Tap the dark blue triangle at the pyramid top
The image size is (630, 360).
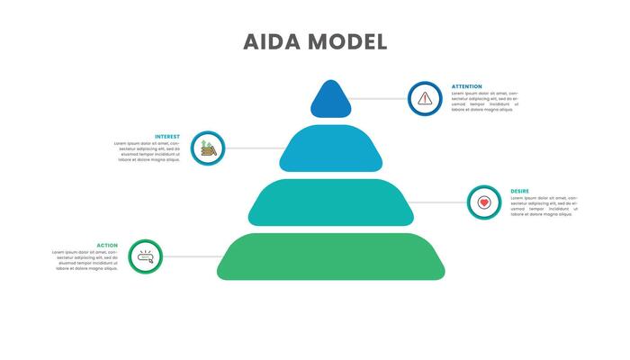(x=330, y=101)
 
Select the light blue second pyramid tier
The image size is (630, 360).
(x=330, y=148)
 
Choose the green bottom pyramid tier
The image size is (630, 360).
(x=330, y=256)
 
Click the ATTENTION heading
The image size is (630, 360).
(x=466, y=86)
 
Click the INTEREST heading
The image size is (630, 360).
(x=167, y=137)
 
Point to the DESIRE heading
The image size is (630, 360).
(x=519, y=191)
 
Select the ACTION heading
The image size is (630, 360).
(x=107, y=245)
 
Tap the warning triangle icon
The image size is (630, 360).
(x=425, y=98)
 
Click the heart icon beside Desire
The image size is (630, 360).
(x=484, y=202)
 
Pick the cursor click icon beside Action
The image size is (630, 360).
(x=145, y=256)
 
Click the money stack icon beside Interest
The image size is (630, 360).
(x=208, y=148)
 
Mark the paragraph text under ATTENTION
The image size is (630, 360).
(x=484, y=102)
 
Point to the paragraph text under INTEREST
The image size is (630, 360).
(x=148, y=152)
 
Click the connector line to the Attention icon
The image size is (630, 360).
(x=378, y=98)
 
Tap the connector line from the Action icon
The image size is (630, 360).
(x=192, y=256)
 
